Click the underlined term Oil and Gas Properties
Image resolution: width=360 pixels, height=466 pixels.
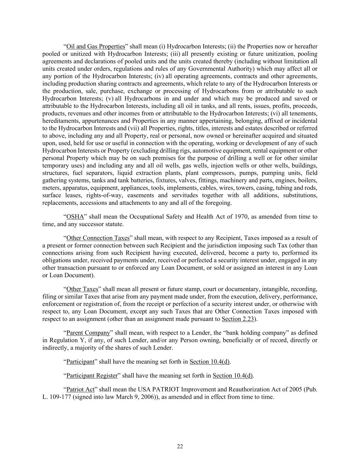[96, 46]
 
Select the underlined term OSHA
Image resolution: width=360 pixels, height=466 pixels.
[75, 217]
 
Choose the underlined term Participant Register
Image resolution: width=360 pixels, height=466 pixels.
[92, 376]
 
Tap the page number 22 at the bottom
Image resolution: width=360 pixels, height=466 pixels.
[180, 447]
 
